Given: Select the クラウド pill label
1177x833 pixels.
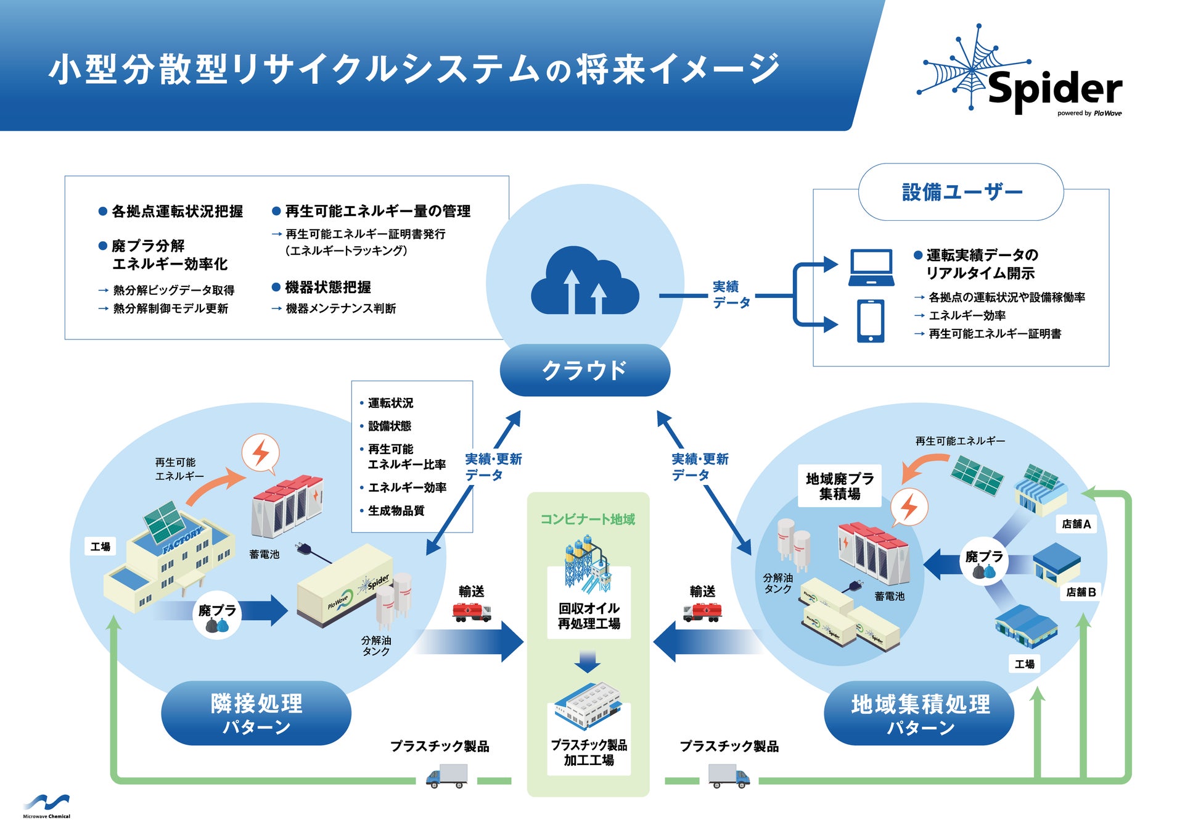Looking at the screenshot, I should tap(584, 370).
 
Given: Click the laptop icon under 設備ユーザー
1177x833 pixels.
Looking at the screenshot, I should tap(871, 267).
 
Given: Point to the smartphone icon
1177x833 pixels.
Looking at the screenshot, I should tap(870, 321).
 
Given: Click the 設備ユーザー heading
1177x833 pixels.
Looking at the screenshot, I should tap(961, 192).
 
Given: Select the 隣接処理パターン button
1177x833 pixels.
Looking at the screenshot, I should tap(256, 713).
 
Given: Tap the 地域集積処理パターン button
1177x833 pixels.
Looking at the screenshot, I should tap(919, 713).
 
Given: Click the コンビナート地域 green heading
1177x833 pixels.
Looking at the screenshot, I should tap(588, 520).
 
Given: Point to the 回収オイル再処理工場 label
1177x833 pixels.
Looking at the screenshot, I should tap(589, 616).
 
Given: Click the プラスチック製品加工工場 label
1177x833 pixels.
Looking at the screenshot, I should tap(589, 752).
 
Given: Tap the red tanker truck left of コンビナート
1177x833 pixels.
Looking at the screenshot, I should tap(472, 612).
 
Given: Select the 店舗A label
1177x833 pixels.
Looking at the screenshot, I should tap(1076, 524).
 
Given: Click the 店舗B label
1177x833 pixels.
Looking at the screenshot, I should tap(1081, 592).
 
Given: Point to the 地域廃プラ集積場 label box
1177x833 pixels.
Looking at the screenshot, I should tap(840, 486).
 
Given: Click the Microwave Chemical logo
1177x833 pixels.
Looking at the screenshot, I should tap(46, 806).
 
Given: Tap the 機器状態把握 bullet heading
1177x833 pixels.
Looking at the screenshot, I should tap(327, 288).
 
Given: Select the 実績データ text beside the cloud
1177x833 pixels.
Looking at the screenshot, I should tap(731, 295).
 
